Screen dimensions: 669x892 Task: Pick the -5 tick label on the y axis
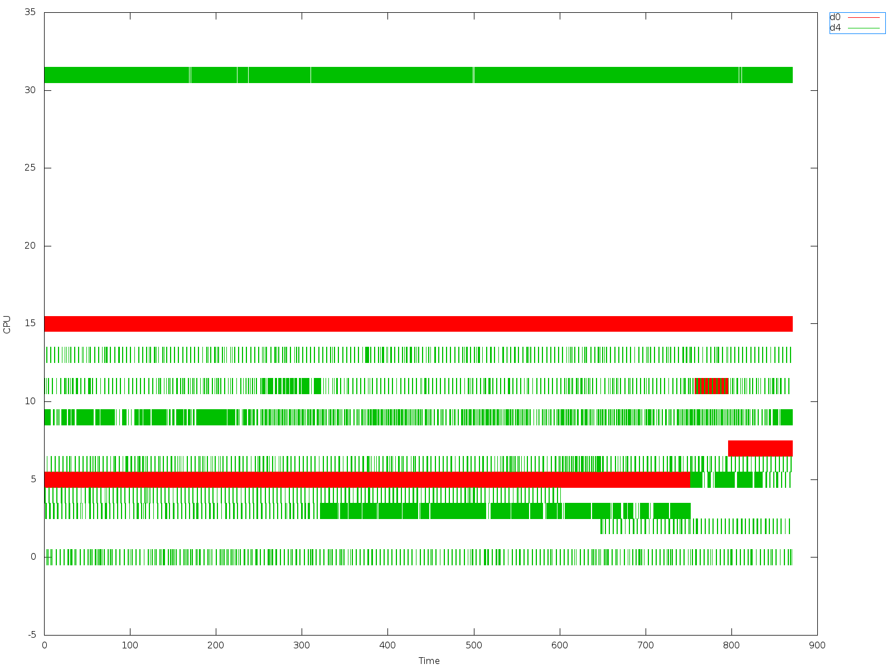coord(32,635)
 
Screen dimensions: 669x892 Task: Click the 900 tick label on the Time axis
coord(817,646)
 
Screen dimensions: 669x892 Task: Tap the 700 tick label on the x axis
coord(646,646)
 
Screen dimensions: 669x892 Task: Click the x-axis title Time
coord(429,661)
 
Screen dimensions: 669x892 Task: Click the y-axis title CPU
coord(7,324)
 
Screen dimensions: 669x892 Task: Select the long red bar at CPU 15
coord(418,324)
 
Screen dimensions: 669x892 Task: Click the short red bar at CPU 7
coord(760,448)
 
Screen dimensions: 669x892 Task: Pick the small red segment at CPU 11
coord(711,386)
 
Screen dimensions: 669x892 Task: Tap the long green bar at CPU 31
coord(418,75)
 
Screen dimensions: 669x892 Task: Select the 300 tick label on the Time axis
coord(302,646)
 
